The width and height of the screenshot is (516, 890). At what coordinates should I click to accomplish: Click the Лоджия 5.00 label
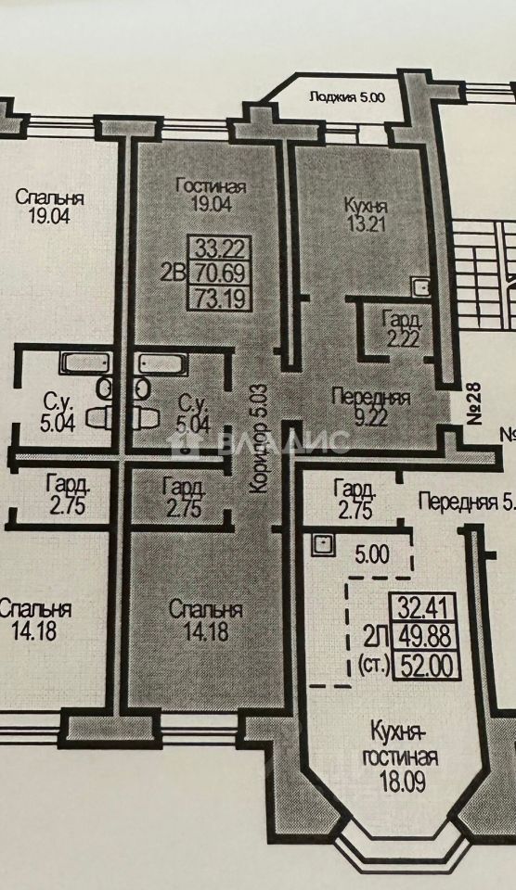(x=347, y=97)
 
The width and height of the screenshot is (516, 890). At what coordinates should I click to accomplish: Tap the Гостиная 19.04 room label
(x=211, y=195)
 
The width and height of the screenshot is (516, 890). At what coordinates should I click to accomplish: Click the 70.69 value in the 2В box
(x=219, y=274)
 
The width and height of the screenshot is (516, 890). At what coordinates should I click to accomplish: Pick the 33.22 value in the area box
(x=219, y=248)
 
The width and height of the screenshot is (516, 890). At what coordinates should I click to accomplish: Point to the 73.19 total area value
(x=219, y=298)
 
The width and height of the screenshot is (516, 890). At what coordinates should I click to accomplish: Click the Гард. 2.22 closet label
(x=402, y=329)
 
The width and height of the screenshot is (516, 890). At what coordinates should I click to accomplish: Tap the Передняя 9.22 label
(x=370, y=407)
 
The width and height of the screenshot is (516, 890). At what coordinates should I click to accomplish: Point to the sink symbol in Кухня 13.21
(x=421, y=287)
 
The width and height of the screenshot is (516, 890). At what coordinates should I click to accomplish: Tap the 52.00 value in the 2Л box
(x=428, y=666)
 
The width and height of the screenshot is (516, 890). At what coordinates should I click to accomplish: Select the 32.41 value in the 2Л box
(x=428, y=610)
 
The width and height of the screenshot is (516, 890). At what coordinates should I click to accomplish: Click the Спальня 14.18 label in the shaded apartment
(x=206, y=620)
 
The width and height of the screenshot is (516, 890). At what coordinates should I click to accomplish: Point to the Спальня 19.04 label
(x=50, y=207)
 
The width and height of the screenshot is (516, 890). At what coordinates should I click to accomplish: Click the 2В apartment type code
(x=173, y=274)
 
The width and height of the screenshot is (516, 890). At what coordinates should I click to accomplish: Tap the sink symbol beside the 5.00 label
(x=323, y=545)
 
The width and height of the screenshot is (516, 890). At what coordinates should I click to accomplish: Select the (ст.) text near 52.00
(x=374, y=666)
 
